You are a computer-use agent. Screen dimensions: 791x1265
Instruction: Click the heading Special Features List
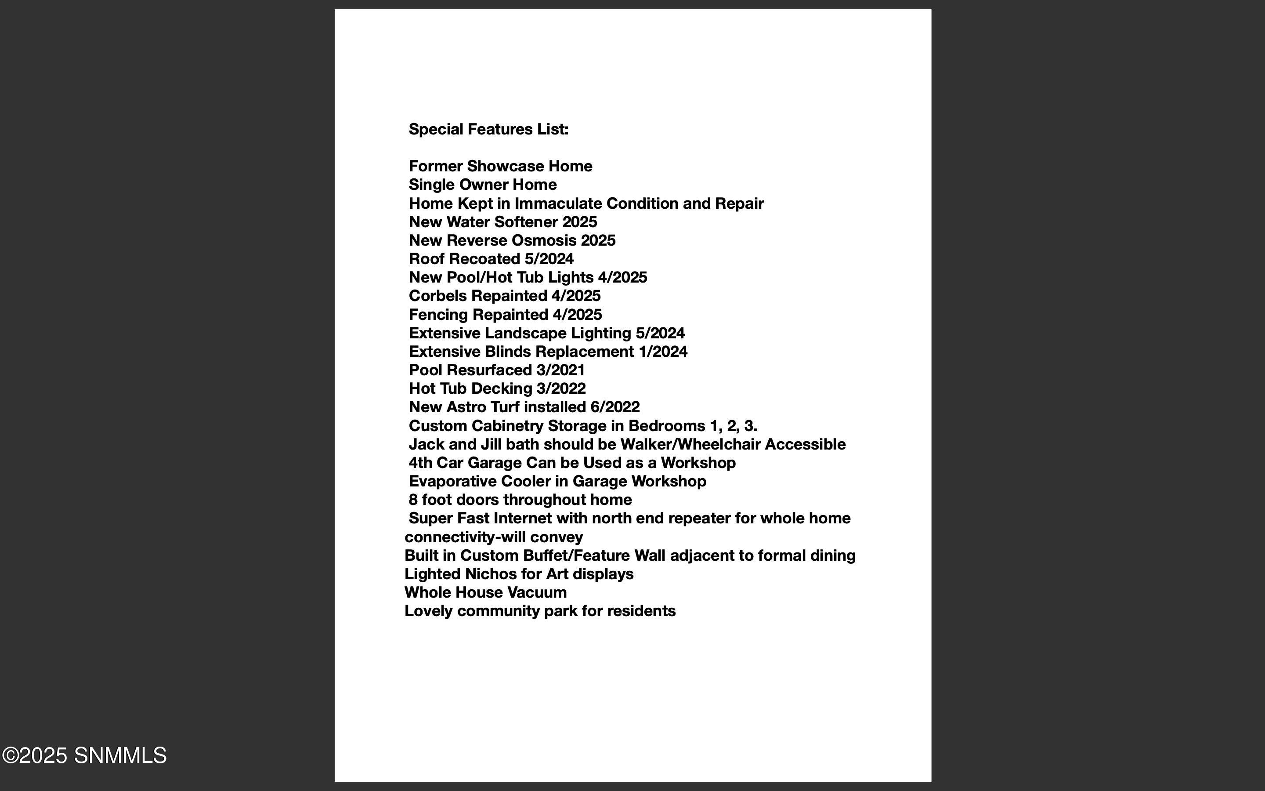tap(488, 129)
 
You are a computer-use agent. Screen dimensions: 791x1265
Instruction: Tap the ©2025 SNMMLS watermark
tap(84, 755)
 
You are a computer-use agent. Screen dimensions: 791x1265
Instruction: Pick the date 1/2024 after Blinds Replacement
tap(663, 352)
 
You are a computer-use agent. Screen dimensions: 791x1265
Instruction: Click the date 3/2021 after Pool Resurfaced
tap(560, 370)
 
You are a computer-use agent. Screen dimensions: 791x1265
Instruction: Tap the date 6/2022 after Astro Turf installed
tap(615, 407)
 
